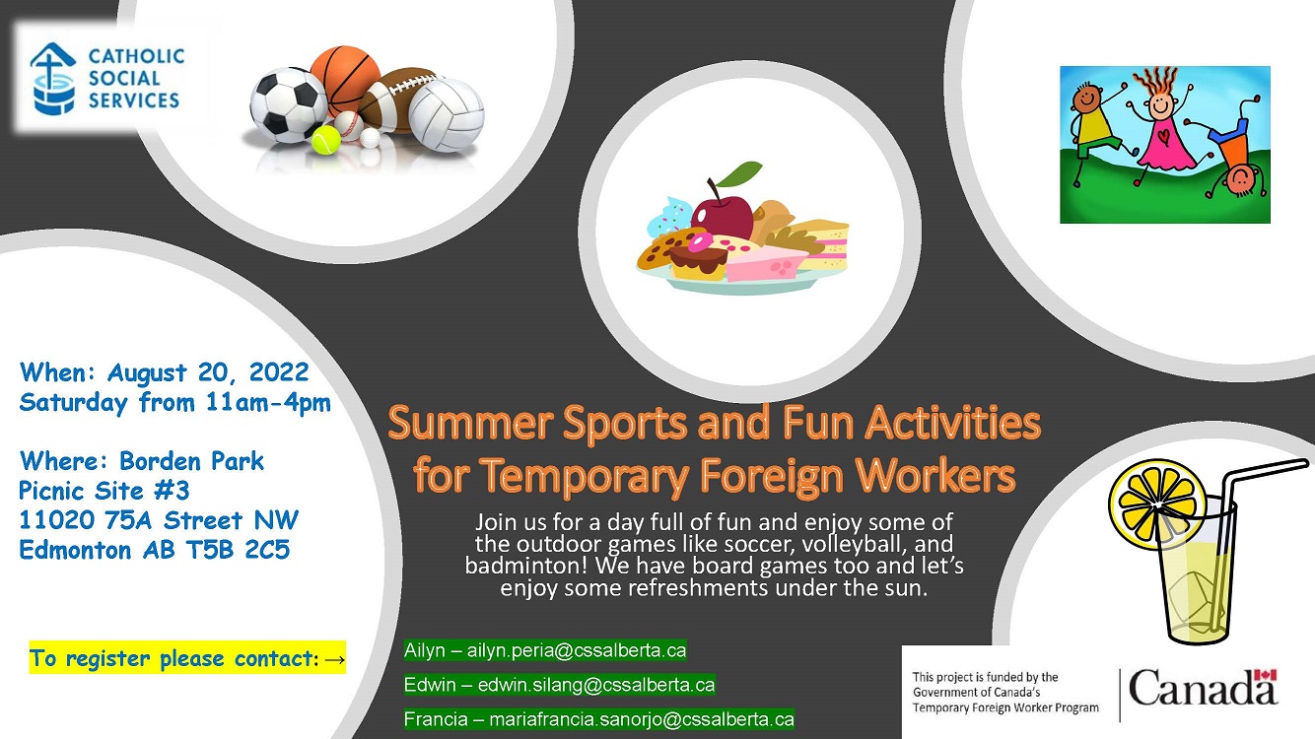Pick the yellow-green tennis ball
[x=325, y=141]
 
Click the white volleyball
[x=447, y=114]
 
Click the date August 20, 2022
[x=208, y=372]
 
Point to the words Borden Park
[x=191, y=460]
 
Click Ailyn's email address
[x=577, y=650]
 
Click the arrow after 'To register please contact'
[x=334, y=658]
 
